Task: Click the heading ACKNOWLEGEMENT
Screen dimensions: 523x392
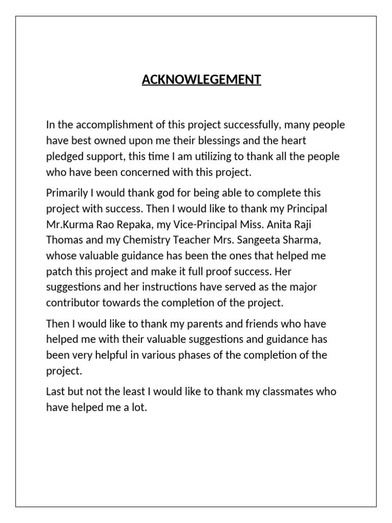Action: pyautogui.click(x=202, y=80)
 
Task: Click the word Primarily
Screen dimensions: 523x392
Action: pyautogui.click(x=66, y=194)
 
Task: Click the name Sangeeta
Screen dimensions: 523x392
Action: pyautogui.click(x=246, y=240)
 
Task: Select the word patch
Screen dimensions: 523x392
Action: pyautogui.click(x=59, y=271)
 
